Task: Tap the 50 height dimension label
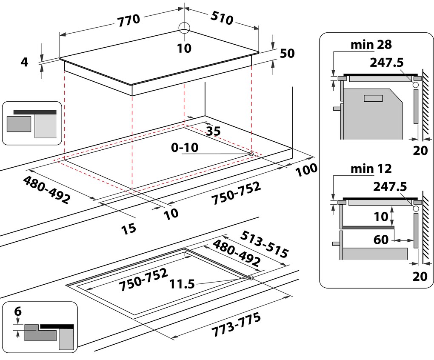click(287, 54)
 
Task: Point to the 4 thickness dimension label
click(24, 62)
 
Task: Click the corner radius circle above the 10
click(184, 28)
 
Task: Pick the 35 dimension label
click(213, 131)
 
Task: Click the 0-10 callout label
click(184, 148)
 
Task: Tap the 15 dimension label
click(128, 228)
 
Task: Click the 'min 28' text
click(371, 44)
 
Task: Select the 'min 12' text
click(371, 168)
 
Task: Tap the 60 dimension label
click(381, 240)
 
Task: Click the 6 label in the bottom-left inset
click(17, 311)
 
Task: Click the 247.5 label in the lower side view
click(389, 186)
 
